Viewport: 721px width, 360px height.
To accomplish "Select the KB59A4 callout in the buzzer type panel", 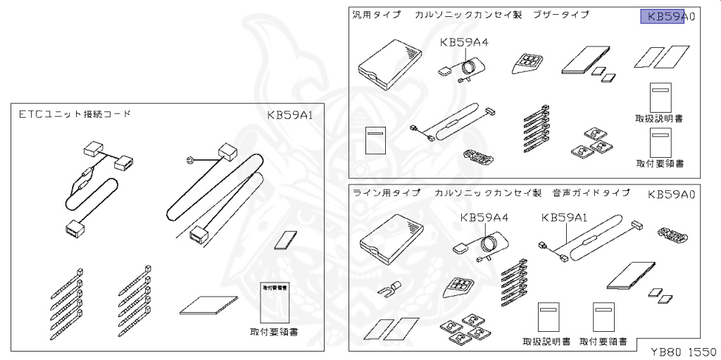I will click(x=464, y=42).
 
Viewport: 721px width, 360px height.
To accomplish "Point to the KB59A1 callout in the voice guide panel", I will click(x=565, y=218).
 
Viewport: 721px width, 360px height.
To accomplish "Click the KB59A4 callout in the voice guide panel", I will click(x=484, y=218).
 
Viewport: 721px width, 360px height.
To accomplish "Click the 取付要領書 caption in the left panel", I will click(x=274, y=331).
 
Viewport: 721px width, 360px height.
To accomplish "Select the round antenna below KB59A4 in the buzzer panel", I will click(x=468, y=68).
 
